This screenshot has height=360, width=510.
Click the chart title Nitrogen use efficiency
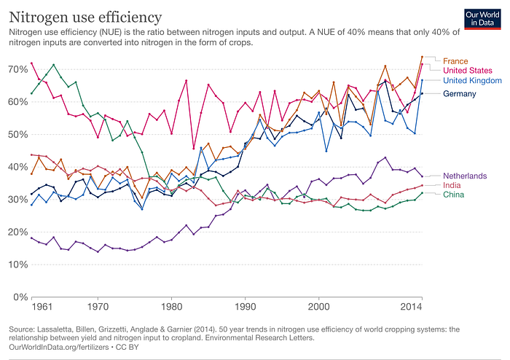(85, 17)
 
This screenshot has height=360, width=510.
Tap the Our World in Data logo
(482, 19)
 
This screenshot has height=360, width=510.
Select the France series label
(455, 61)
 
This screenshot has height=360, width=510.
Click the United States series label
(468, 71)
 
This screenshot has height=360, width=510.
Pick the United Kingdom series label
(472, 80)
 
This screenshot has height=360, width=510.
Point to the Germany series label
(460, 94)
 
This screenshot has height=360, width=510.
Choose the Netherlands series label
(465, 176)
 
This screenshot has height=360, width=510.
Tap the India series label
(452, 185)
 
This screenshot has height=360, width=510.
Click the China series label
(453, 195)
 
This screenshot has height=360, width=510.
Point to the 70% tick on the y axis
(18, 69)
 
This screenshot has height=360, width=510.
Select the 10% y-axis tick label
(18, 265)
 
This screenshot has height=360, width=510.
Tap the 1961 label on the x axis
(42, 307)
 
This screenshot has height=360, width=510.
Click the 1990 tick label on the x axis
(246, 307)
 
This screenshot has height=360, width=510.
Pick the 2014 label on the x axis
(411, 307)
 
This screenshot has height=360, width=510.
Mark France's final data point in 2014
(422, 57)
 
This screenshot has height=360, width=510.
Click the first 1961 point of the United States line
(31, 63)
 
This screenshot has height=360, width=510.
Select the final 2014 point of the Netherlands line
(422, 176)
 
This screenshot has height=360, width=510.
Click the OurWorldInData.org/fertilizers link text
(58, 348)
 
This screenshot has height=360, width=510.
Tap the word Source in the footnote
(21, 329)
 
